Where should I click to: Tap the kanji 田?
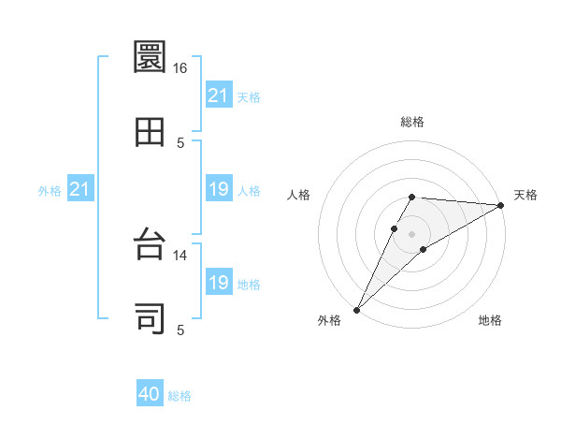point(151,132)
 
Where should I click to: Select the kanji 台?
point(151,245)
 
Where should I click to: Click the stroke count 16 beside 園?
point(180,68)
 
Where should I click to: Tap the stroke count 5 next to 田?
point(181,142)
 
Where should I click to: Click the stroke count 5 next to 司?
point(181,329)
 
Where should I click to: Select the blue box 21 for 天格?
point(219,95)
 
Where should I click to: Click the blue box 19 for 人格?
point(219,190)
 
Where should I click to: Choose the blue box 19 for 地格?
point(219,283)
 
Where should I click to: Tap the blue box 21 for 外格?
point(80,190)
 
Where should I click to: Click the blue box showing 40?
point(150,395)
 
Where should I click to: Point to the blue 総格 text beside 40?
point(180,396)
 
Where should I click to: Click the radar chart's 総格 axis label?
point(412,122)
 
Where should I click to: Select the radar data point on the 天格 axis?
point(500,205)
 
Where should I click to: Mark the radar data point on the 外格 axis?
point(357,309)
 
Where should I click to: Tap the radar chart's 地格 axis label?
point(490,320)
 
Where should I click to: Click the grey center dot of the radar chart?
point(411,234)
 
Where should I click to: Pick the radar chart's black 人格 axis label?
point(299,195)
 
